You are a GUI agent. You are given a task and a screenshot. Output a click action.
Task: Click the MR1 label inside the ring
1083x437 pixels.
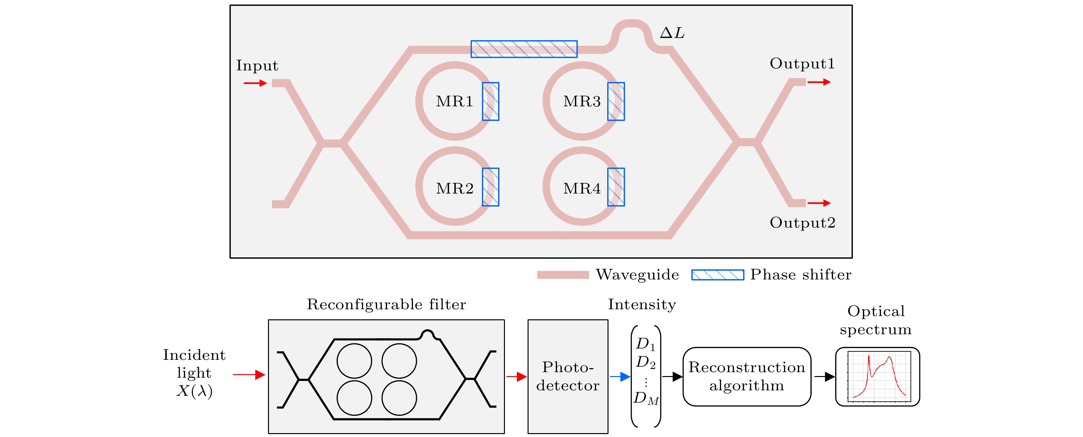coord(454,101)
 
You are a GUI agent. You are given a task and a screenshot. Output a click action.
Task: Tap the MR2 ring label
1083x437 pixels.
coord(454,188)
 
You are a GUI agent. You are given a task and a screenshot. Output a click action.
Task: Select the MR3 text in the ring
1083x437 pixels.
coord(582,101)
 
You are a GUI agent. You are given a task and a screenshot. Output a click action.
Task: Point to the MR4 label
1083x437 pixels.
coord(582,188)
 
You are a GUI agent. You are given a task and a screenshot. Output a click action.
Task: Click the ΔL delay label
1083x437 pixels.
coord(672,33)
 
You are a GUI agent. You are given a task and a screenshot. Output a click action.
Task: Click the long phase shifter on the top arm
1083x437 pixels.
coord(524,49)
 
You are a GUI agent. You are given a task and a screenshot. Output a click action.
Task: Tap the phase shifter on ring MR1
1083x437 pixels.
coord(490,101)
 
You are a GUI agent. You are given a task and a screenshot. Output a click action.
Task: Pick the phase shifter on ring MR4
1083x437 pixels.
coord(616,187)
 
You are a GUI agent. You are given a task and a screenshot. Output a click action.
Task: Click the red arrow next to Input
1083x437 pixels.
coord(255,83)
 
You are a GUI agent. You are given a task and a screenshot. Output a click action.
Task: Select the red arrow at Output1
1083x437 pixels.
coord(819,82)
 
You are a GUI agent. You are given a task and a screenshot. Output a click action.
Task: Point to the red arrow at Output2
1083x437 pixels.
coord(819,203)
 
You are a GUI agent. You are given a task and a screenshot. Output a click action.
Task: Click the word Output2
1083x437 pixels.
coord(802,223)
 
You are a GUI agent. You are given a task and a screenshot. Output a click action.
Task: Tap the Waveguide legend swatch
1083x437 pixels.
coord(563,275)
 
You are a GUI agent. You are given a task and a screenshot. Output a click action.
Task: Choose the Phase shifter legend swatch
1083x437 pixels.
coord(718,275)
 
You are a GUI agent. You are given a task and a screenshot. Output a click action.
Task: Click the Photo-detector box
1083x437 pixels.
coord(568,376)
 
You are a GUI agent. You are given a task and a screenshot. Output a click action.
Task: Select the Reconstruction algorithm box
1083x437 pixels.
coord(747,376)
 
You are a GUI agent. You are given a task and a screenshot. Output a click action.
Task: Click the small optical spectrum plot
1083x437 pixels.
coord(877,376)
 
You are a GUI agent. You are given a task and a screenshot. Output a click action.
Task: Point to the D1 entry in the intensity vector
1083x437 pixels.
coord(645,344)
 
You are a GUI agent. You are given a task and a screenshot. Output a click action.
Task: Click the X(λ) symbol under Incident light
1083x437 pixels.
coord(194,391)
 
